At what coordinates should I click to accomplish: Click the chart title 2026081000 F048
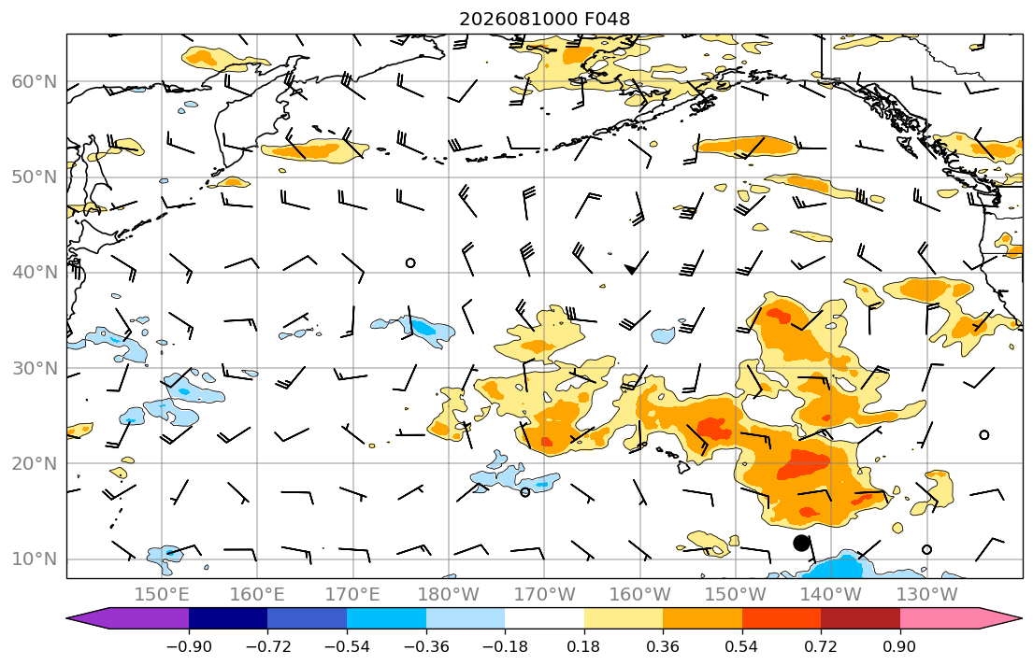coord(544,19)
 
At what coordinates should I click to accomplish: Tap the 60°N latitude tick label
coord(35,82)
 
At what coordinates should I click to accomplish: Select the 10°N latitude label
coord(35,559)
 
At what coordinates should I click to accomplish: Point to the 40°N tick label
coord(35,273)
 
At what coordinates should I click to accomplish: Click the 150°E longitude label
coord(162,595)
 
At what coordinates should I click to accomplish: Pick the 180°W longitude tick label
coord(449,595)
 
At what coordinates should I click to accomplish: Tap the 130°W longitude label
coord(927,595)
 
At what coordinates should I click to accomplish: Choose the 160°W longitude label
coord(640,595)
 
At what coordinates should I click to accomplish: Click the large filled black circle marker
coord(801,544)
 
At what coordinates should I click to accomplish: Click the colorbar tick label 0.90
coord(900,646)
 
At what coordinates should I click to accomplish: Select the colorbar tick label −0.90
coord(189,646)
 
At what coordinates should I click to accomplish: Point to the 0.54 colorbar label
coord(742,646)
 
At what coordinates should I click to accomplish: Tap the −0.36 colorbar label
coord(426,646)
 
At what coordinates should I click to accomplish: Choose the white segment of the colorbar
coord(544,618)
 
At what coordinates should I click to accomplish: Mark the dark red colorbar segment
coord(860,618)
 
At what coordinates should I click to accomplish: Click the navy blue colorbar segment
coord(228,618)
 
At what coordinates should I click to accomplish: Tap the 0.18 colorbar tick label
coord(583,646)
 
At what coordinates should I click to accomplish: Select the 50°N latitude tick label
coord(35,177)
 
